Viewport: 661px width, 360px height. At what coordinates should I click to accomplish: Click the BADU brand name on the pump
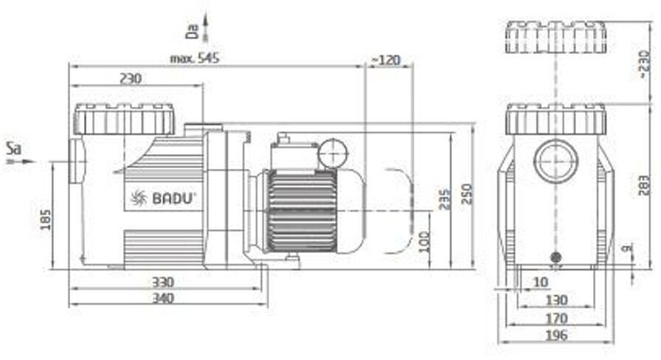(x=173, y=198)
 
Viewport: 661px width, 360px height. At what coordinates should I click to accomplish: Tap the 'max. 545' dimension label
(x=194, y=58)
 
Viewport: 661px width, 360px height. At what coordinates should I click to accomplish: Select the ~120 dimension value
(x=386, y=60)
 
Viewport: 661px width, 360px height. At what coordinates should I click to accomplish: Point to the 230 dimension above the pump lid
(x=131, y=78)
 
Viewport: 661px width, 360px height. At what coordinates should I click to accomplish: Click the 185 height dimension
(x=45, y=220)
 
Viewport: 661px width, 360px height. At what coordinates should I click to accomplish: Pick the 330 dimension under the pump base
(x=163, y=282)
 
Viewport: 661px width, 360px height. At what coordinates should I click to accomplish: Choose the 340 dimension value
(x=163, y=298)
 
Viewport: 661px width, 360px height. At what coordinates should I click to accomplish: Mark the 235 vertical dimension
(x=444, y=199)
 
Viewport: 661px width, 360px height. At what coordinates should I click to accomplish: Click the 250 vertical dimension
(x=467, y=193)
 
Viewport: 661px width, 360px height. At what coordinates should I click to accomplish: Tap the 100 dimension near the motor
(x=424, y=241)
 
